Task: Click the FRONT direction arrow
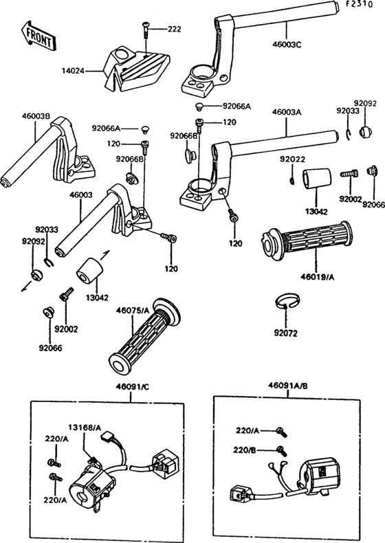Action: [37, 36]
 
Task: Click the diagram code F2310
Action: [360, 4]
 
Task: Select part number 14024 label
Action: [73, 71]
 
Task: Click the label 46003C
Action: [287, 45]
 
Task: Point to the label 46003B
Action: [36, 116]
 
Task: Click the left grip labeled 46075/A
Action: [144, 335]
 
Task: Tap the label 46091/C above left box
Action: [132, 387]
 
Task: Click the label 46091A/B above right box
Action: [287, 386]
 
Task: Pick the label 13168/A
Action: [85, 428]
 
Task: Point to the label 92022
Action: [293, 159]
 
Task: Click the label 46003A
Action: [287, 112]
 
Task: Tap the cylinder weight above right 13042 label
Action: [317, 179]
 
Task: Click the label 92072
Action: [286, 333]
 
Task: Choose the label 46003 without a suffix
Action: [80, 195]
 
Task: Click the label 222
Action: [175, 29]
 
